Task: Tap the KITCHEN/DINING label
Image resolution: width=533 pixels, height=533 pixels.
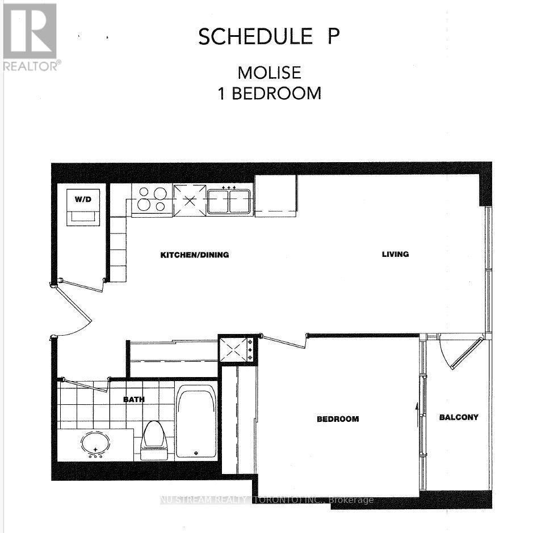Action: click(194, 255)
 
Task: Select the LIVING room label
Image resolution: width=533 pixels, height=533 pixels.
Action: click(395, 254)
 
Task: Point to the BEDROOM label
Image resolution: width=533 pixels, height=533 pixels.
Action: click(338, 419)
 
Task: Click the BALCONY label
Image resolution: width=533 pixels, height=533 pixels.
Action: click(459, 417)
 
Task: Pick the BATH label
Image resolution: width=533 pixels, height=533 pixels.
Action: click(134, 399)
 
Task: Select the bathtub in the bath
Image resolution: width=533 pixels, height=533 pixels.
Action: click(196, 421)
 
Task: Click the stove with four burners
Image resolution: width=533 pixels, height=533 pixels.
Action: click(152, 200)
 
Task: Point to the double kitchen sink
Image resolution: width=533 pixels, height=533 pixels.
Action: click(229, 201)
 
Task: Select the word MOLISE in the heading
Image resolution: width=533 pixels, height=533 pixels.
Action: click(269, 73)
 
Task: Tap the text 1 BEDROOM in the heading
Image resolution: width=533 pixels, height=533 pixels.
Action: click(270, 93)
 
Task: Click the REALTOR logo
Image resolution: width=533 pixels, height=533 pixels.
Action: click(31, 36)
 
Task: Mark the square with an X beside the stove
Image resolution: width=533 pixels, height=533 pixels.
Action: click(190, 200)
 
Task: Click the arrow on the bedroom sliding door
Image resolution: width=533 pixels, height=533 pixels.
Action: click(417, 406)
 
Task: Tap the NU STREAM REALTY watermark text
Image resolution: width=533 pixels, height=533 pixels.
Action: click(267, 500)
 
